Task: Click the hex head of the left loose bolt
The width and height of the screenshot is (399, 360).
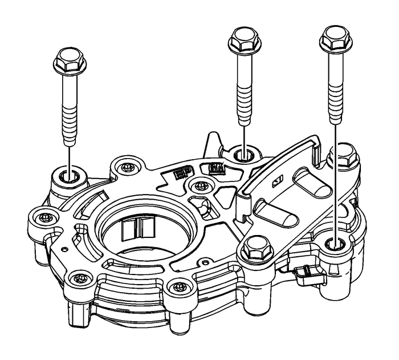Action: (68, 59)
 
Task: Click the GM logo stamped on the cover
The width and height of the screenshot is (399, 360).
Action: (215, 169)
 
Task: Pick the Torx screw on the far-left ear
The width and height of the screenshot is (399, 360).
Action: (44, 218)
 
